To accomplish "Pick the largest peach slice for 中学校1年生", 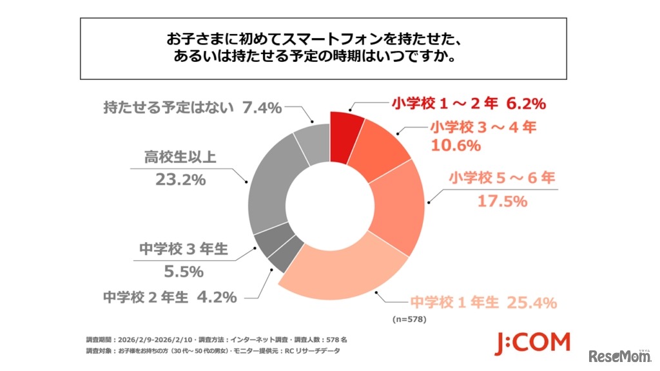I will tap(342, 277).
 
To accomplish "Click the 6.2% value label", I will tap(527, 104).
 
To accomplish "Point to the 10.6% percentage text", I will tap(456, 146).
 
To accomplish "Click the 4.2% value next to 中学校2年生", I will tap(215, 298).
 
